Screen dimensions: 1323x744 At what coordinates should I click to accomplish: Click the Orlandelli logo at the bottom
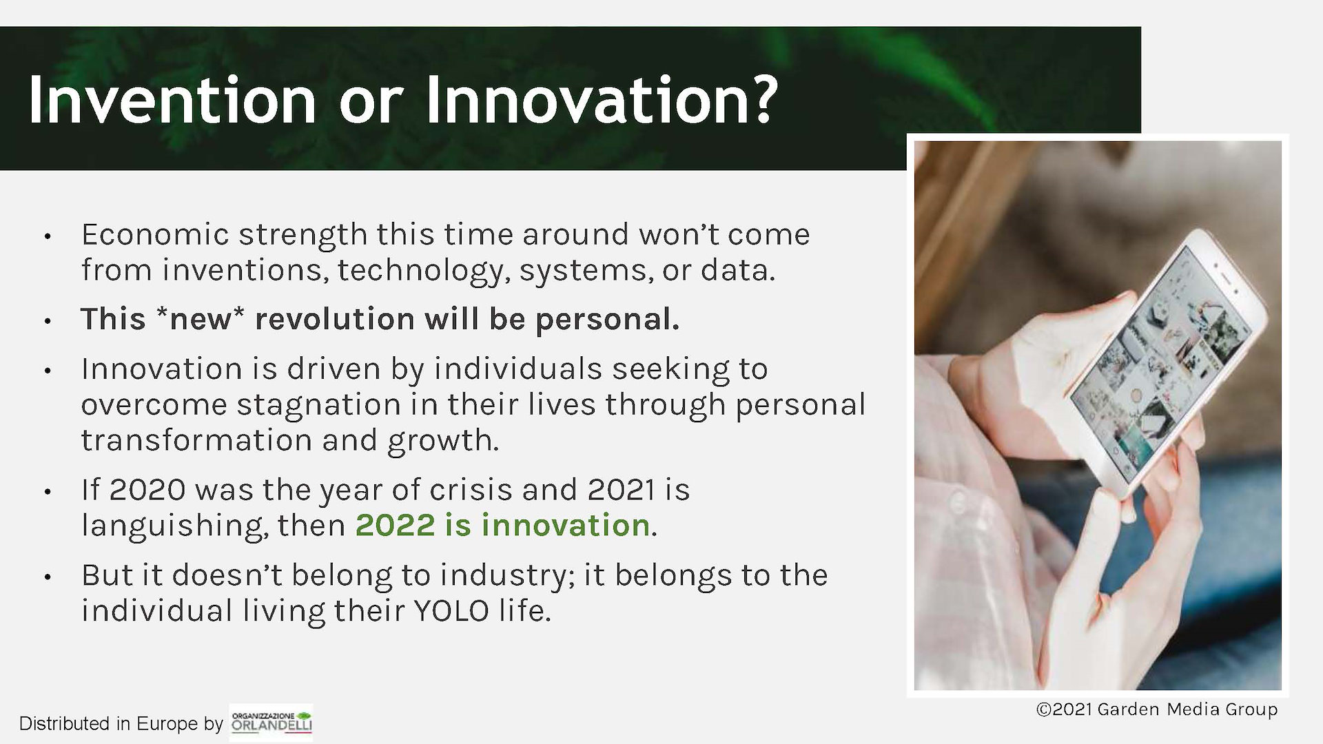[x=271, y=723]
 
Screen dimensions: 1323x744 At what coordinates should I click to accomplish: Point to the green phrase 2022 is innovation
[x=502, y=525]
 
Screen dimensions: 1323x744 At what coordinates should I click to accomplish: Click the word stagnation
[x=319, y=406]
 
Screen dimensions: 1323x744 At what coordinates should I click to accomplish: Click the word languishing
[x=175, y=526]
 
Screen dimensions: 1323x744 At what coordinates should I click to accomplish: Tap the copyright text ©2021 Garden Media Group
[x=1157, y=710]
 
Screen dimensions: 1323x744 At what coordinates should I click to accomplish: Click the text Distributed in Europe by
[x=121, y=723]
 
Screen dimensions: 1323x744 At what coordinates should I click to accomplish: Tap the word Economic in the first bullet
[x=155, y=234]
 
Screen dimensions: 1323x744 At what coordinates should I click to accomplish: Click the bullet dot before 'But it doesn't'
[x=47, y=577]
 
